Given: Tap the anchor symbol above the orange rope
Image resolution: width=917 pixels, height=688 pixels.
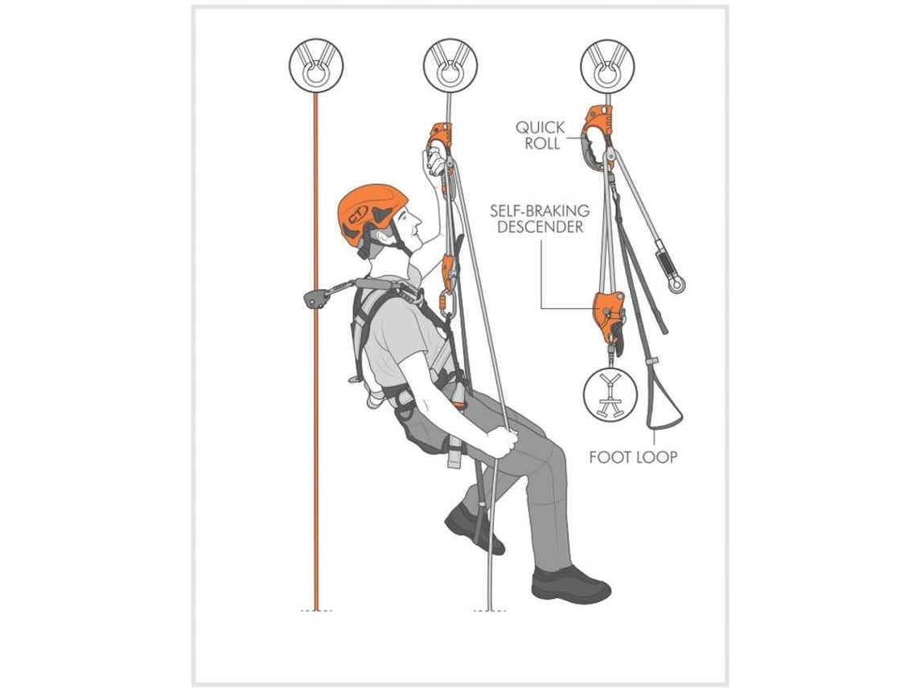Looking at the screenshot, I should click(x=316, y=66).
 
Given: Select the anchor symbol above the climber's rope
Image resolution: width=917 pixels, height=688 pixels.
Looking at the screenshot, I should click(x=450, y=66).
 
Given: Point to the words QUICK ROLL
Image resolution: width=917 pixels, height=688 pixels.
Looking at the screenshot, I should click(x=541, y=135).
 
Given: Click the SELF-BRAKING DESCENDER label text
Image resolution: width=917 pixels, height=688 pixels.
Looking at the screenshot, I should click(x=540, y=218).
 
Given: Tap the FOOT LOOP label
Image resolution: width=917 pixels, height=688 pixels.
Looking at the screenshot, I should click(x=633, y=457).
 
